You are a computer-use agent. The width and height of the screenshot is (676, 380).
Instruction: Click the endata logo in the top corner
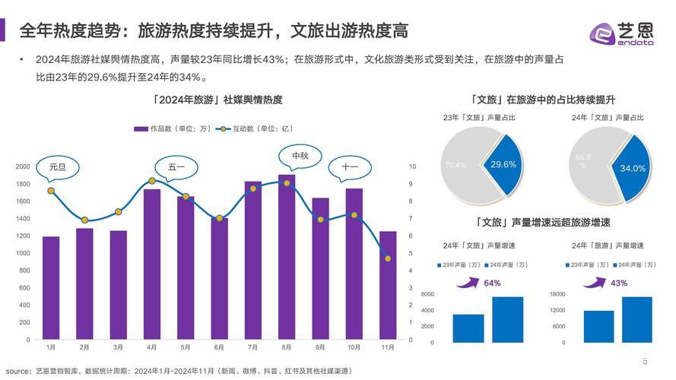point(621,33)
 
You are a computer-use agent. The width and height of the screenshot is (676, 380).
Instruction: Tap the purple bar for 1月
point(51,288)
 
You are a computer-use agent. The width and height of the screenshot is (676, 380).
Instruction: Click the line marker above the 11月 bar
point(388,258)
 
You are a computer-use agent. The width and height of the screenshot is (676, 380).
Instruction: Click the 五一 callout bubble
point(176,166)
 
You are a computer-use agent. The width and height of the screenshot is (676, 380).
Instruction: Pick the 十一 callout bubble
point(350,167)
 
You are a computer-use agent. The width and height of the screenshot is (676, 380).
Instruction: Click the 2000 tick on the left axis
point(24,166)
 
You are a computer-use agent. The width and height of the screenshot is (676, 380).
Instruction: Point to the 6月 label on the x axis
point(219,347)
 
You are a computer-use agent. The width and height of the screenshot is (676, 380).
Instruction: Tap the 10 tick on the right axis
point(412,166)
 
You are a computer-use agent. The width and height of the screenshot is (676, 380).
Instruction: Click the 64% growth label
point(492,283)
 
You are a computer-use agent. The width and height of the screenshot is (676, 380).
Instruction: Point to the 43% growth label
point(619,283)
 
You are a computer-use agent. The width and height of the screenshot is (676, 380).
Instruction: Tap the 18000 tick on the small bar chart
point(558,294)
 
